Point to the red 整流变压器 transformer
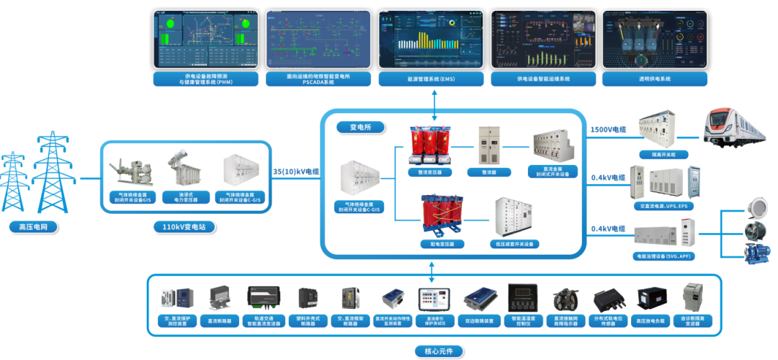(432, 146)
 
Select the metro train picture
(735, 130)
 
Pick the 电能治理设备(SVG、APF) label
(663, 256)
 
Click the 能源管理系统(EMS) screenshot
(432, 38)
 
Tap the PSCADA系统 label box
(319, 78)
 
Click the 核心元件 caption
(433, 351)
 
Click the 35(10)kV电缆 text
(296, 172)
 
